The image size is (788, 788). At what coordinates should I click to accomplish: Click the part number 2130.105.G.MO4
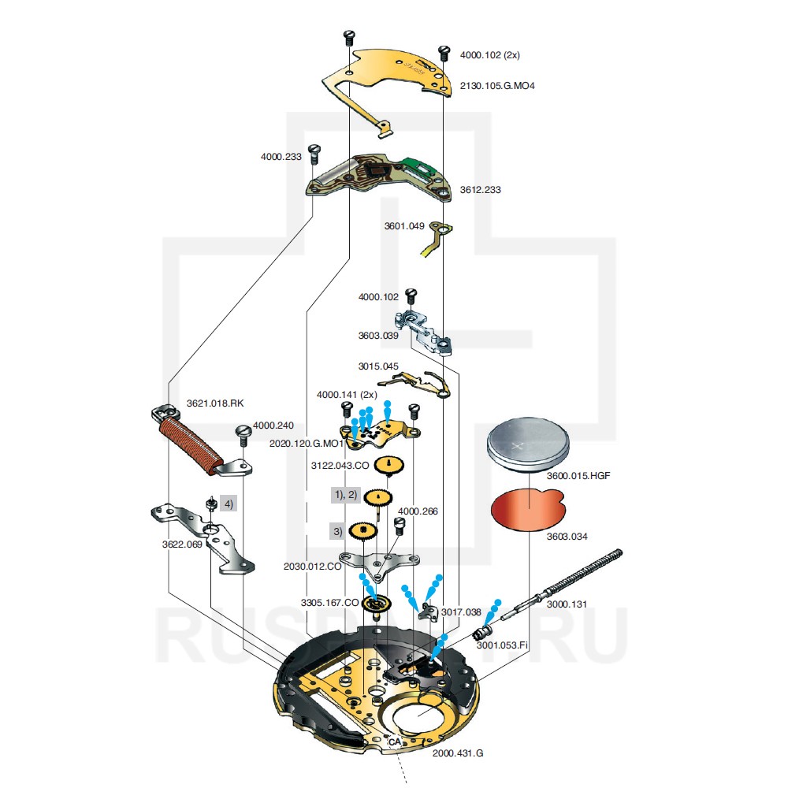pos(497,85)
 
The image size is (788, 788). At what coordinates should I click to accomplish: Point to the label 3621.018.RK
pos(215,403)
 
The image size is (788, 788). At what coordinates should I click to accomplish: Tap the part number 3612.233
pos(481,190)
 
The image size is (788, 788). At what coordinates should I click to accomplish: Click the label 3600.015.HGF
pos(578,476)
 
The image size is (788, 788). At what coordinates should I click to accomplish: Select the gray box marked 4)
pos(229,503)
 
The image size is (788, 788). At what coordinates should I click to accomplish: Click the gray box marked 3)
pos(338,531)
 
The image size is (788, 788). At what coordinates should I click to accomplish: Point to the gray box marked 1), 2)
pos(345,495)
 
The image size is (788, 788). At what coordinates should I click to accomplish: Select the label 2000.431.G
pos(458,753)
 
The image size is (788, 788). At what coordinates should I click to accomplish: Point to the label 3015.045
pos(378,366)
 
